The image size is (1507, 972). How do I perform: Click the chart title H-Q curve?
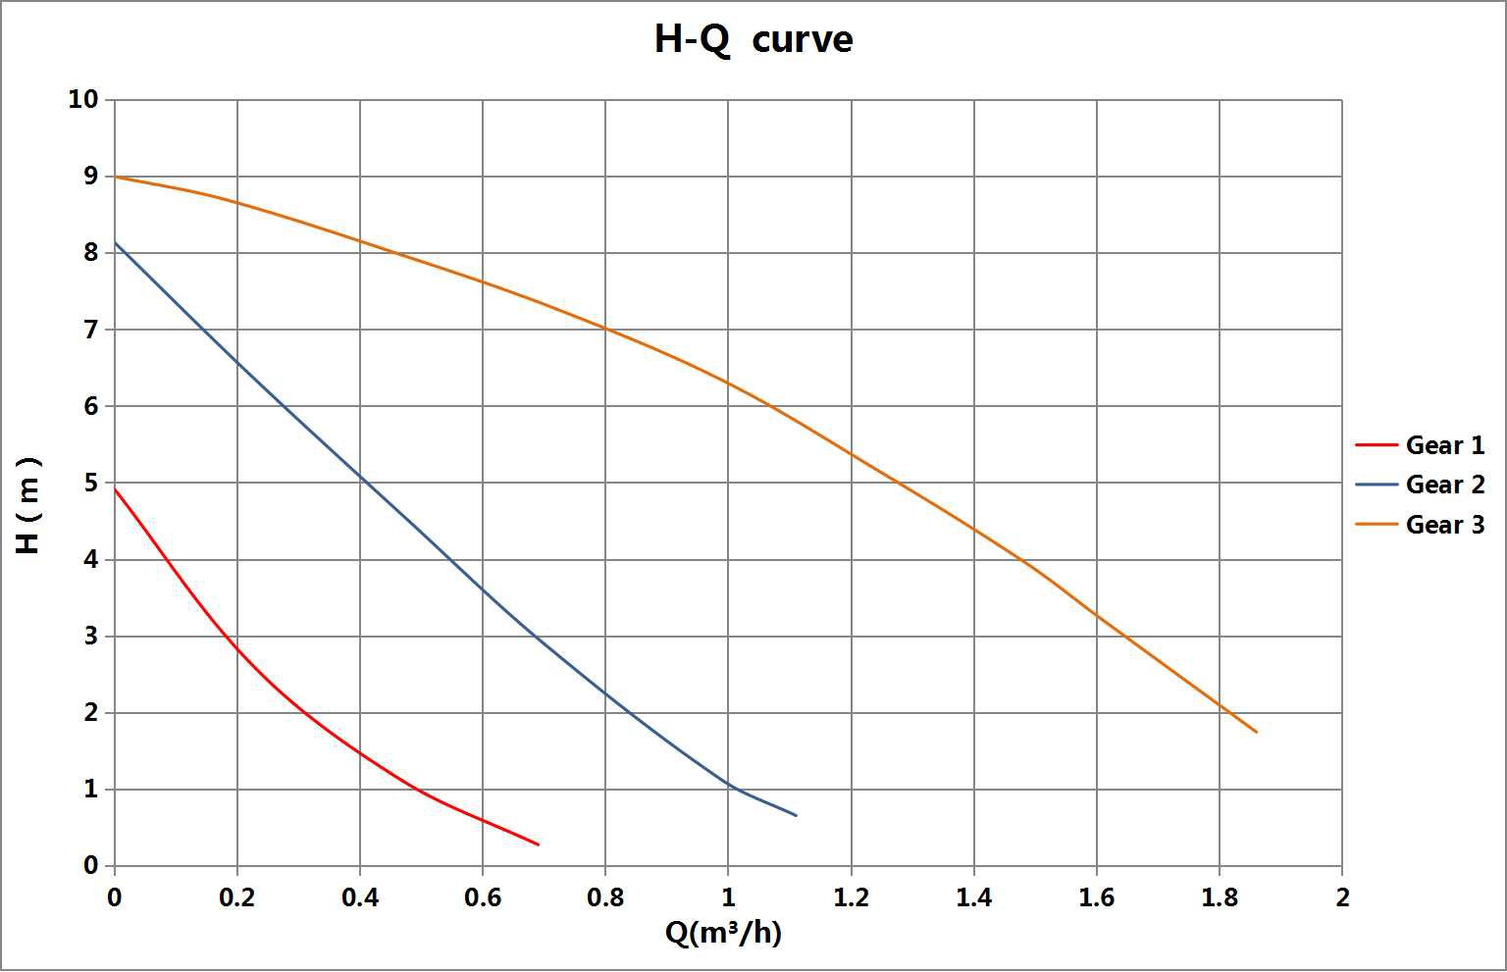pyautogui.click(x=753, y=39)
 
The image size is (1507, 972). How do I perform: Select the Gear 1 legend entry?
pyautogui.click(x=1444, y=445)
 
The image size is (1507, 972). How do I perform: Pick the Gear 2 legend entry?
pyautogui.click(x=1444, y=485)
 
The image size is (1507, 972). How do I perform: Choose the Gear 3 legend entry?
pyautogui.click(x=1444, y=525)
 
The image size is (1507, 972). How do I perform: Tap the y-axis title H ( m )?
pyautogui.click(x=28, y=505)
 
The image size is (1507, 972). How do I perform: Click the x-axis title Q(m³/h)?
pyautogui.click(x=723, y=933)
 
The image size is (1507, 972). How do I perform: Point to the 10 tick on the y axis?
pyautogui.click(x=83, y=99)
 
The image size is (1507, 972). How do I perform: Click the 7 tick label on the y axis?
pyautogui.click(x=90, y=330)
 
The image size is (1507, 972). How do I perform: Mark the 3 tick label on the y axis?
pyautogui.click(x=90, y=637)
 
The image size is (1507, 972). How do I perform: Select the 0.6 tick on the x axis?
pyautogui.click(x=483, y=897)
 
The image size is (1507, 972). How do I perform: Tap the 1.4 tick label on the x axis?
pyautogui.click(x=973, y=897)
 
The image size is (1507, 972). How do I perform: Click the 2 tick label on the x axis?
pyautogui.click(x=1342, y=897)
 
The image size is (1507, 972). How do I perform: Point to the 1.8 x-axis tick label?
pyautogui.click(x=1219, y=897)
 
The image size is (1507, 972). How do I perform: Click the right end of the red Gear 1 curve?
pyautogui.click(x=539, y=844)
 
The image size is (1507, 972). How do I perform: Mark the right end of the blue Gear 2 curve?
pyautogui.click(x=796, y=815)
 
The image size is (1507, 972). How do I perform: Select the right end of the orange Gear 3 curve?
pyautogui.click(x=1256, y=732)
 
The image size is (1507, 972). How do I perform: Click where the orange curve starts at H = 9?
pyautogui.click(x=115, y=177)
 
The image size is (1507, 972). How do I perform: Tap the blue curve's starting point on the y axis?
pyautogui.click(x=115, y=242)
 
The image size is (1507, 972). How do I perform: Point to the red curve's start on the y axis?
pyautogui.click(x=115, y=488)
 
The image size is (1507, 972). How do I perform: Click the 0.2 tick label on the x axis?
pyautogui.click(x=237, y=897)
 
